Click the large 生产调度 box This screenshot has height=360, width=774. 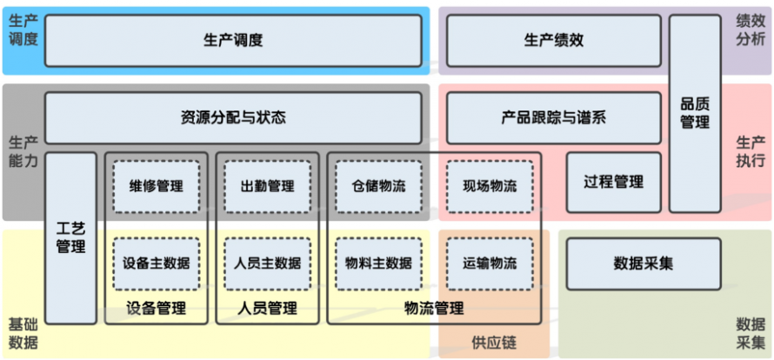click(x=233, y=40)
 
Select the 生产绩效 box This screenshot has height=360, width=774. click(x=553, y=40)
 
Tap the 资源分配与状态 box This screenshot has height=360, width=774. click(x=233, y=117)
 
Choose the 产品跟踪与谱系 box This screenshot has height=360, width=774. click(x=553, y=117)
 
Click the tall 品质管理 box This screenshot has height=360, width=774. click(x=695, y=113)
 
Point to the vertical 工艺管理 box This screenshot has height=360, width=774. click(x=70, y=237)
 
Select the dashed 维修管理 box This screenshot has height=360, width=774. click(x=157, y=186)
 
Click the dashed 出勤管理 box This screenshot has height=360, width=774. click(x=268, y=186)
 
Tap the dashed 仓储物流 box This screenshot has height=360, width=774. click(x=378, y=186)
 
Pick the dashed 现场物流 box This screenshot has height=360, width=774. click(x=490, y=186)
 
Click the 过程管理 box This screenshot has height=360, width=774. click(x=613, y=182)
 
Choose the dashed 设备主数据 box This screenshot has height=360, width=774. click(x=157, y=263)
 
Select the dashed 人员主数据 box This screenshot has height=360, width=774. click(x=268, y=263)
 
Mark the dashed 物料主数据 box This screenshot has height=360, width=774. click(x=378, y=263)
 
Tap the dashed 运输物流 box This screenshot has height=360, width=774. click(x=490, y=263)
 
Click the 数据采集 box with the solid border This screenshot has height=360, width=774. click(x=643, y=263)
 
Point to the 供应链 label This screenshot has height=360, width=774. click(x=494, y=343)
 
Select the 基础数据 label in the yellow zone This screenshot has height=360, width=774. click(x=23, y=333)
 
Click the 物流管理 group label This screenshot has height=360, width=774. click(x=434, y=308)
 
